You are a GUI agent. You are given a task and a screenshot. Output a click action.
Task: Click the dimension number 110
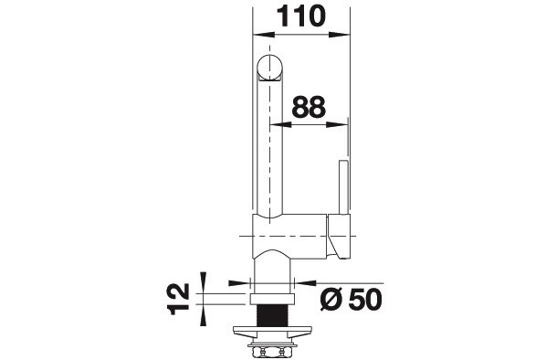tap(301, 16)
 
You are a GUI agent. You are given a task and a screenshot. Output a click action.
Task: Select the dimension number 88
tap(309, 107)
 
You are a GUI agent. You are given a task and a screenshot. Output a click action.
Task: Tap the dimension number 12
tap(179, 299)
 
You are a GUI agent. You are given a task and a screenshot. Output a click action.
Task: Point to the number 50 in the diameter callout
tap(365, 300)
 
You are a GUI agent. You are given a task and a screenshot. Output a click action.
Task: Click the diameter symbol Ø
tap(331, 300)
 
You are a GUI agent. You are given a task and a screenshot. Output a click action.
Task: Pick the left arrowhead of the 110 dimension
tap(264, 35)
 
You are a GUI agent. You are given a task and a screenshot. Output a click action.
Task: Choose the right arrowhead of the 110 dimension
tap(339, 35)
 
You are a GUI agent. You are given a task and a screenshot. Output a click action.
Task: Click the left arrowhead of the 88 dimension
tap(281, 124)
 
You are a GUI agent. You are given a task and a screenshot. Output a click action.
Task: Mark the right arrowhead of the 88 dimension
tap(337, 124)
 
